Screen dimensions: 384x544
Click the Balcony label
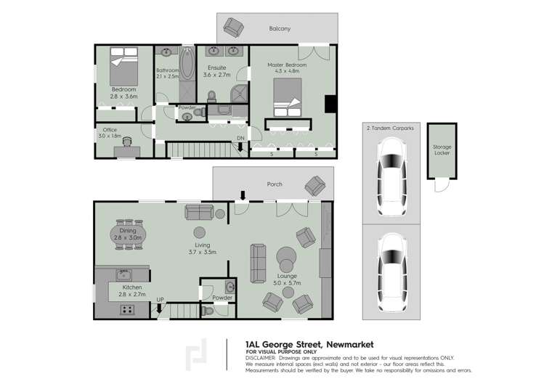coord(280,29)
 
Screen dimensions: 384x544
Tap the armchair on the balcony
coord(233,28)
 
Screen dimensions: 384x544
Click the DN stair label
coord(240,139)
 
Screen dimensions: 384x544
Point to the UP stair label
coord(160,298)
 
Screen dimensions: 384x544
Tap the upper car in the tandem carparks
coord(391,172)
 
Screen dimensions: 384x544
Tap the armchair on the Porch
coord(315,187)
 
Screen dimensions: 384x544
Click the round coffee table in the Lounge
coord(285,258)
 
